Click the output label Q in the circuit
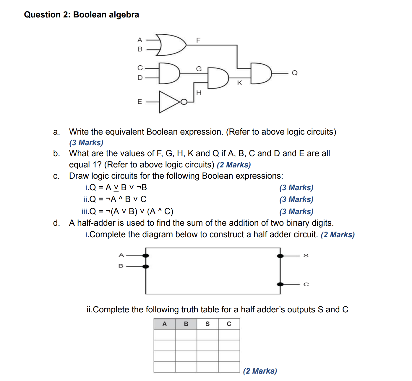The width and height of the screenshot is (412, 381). tap(294, 73)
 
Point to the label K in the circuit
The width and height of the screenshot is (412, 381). tap(240, 83)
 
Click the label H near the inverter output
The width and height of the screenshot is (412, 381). tap(199, 93)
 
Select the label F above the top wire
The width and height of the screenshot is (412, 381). tap(198, 40)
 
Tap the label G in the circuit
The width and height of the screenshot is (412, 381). tap(199, 69)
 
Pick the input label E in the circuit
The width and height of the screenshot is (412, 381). tap(140, 102)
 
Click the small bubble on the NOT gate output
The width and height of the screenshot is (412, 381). tap(184, 102)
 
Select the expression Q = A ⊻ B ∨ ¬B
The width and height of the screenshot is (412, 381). tap(116, 188)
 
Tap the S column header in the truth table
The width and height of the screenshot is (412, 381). tap(207, 324)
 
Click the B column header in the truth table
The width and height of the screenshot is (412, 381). tap(186, 324)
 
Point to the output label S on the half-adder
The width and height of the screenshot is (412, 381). tap(306, 256)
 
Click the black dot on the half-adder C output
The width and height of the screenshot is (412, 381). tap(280, 284)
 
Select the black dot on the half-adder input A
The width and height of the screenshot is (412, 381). tap(146, 256)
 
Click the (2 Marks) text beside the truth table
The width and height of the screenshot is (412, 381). tap(260, 371)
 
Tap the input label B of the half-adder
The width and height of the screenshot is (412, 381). tap(121, 266)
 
